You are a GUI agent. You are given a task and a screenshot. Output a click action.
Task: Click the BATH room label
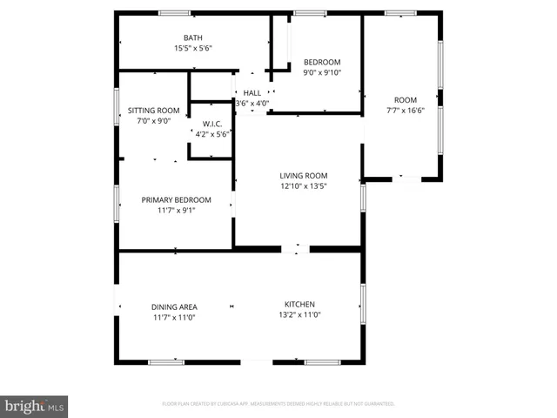pos(192,37)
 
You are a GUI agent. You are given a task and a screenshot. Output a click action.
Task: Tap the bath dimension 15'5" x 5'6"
pos(192,48)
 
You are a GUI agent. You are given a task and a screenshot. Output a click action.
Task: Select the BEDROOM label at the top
pos(321,62)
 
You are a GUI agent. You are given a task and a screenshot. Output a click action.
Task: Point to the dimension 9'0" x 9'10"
pos(321,72)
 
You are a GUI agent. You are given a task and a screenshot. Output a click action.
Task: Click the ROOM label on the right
pos(405,99)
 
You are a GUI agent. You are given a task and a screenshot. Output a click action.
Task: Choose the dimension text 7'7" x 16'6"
pos(405,110)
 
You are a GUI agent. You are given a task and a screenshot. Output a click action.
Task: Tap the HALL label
pos(252,92)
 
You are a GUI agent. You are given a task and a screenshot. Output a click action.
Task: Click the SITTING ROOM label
pos(153,111)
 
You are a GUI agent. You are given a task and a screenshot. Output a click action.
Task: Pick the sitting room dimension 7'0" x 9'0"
pos(153,121)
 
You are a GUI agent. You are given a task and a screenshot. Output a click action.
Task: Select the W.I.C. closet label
pos(212,124)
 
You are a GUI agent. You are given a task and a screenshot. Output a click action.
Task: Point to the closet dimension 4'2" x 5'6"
pos(212,134)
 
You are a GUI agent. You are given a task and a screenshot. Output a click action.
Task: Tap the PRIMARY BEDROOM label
pos(176,199)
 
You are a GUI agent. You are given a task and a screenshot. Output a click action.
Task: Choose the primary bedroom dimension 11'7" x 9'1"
pos(176,210)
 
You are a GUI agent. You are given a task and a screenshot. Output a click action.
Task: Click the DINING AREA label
pos(174,307)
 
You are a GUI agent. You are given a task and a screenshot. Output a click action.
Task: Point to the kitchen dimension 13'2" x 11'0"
pos(299,315)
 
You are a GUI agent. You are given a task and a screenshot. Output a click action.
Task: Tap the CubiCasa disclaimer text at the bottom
pos(278,404)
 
